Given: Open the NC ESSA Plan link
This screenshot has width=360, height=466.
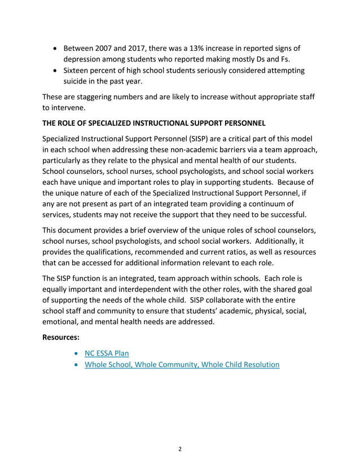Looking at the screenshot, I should [x=107, y=354].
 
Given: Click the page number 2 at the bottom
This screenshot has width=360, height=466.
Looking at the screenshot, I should [x=180, y=449].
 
